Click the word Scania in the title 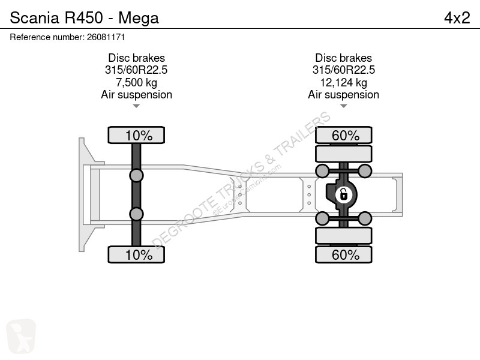[x=34, y=17]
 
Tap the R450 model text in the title [x=83, y=17]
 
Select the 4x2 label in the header [x=457, y=18]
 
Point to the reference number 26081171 [x=106, y=37]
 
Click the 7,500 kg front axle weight [x=137, y=82]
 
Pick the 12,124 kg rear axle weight [x=343, y=82]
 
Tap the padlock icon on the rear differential [x=343, y=194]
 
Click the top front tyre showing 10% [x=136, y=135]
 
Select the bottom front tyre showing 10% [x=136, y=254]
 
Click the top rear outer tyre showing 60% [x=343, y=135]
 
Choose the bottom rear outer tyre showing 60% [x=343, y=254]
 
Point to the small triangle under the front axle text [x=136, y=106]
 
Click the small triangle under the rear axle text [x=343, y=106]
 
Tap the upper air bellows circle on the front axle [x=136, y=176]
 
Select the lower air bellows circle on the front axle [x=136, y=214]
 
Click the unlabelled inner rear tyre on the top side [x=343, y=154]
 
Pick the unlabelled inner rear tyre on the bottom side [x=343, y=235]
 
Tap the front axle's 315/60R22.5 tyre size [x=136, y=70]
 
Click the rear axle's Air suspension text [x=343, y=95]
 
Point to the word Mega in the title [x=139, y=18]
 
